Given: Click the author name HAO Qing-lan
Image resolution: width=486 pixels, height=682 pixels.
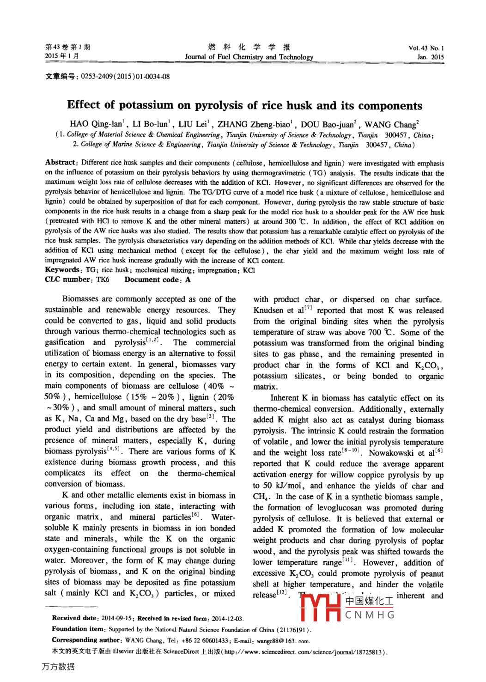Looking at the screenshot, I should tap(96, 124).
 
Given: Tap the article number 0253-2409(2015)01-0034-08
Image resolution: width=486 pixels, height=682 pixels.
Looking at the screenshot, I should tap(125, 77).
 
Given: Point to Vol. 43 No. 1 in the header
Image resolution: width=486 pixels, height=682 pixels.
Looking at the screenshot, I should tap(426, 48).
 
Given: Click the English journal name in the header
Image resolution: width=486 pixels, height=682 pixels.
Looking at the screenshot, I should tap(249, 57).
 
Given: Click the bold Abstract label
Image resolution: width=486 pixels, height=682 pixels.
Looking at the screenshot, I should tap(60, 162).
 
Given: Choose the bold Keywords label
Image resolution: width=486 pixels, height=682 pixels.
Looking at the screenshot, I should tap(62, 270).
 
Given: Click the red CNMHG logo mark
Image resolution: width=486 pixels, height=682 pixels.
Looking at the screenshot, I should tap(321, 607).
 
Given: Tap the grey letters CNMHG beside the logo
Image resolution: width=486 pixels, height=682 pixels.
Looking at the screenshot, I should tap(370, 615).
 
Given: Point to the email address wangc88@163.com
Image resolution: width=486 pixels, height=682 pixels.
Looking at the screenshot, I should tap(283, 641).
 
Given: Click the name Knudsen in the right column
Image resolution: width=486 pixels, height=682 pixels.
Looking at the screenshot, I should tap(268, 311).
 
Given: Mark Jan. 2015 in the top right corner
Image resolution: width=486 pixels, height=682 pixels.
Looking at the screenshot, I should tap(430, 57).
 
